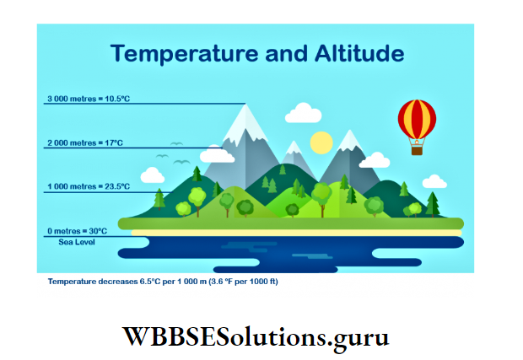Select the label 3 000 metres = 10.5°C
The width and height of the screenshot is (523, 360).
coord(88,99)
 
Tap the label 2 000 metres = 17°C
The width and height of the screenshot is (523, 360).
coord(84,142)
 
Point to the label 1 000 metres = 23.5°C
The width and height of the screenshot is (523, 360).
coord(88,186)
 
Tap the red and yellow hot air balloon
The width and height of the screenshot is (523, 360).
coord(417,121)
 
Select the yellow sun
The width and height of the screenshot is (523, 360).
coord(321,142)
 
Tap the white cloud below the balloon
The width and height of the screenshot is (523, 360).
coord(374,159)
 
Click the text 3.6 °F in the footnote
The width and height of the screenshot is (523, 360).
coord(218,282)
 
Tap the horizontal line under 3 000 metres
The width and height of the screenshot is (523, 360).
coord(143,105)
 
